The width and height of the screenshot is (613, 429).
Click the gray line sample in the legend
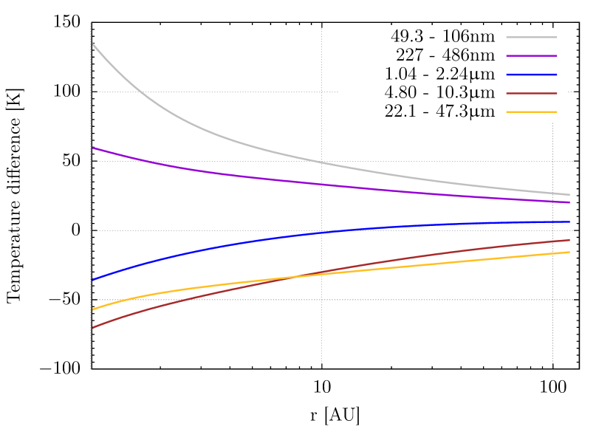531,37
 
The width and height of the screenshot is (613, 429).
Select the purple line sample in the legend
531,56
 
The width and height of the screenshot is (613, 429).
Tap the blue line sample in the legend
531,75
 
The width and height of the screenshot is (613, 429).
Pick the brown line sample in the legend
531,94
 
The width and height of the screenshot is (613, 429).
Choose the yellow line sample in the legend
531,112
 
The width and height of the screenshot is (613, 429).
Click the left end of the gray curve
92,44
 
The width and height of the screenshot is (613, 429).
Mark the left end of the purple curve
92,148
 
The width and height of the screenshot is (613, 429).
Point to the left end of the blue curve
92,280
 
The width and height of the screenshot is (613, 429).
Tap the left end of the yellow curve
92,309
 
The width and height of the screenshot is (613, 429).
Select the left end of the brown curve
92,327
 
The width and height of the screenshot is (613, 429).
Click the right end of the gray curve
569,195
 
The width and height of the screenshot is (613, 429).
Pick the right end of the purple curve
569,202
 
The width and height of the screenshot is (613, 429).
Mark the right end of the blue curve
569,222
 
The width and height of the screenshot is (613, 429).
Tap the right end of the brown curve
569,240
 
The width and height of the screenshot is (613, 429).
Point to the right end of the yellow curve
569,252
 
